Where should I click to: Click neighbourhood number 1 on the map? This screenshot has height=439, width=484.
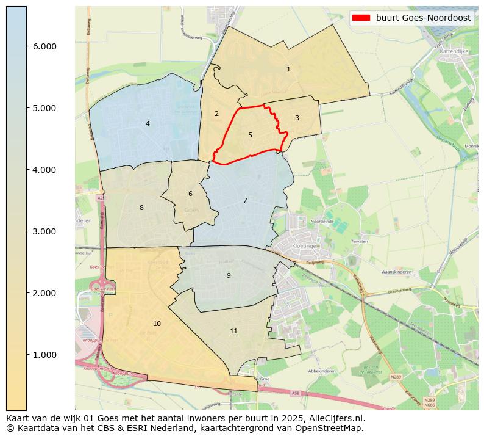[x=288, y=70]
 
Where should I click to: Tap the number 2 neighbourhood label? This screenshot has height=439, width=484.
[x=216, y=114]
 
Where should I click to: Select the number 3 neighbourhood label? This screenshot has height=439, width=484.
[x=297, y=118]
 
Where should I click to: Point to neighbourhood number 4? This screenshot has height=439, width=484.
[x=148, y=124]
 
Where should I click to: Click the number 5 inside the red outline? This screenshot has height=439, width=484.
[x=250, y=135]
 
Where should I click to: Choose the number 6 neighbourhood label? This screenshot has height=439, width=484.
[x=190, y=194]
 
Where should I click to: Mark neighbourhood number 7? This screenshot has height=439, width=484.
[x=245, y=200]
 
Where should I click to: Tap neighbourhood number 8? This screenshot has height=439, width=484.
[x=141, y=208]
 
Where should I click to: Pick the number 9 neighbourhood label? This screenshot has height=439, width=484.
[x=229, y=275]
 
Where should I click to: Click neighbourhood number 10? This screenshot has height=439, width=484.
[x=157, y=324]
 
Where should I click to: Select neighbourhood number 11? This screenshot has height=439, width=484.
[x=233, y=332]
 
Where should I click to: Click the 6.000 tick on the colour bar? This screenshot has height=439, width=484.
[x=44, y=46]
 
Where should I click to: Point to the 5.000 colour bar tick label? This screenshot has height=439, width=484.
[x=44, y=108]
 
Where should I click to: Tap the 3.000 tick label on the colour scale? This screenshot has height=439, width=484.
[x=44, y=231]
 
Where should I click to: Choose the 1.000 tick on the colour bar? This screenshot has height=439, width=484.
[x=44, y=355]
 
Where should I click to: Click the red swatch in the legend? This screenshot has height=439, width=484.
[x=361, y=18]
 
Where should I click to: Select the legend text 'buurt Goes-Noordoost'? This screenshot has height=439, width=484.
[x=423, y=18]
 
